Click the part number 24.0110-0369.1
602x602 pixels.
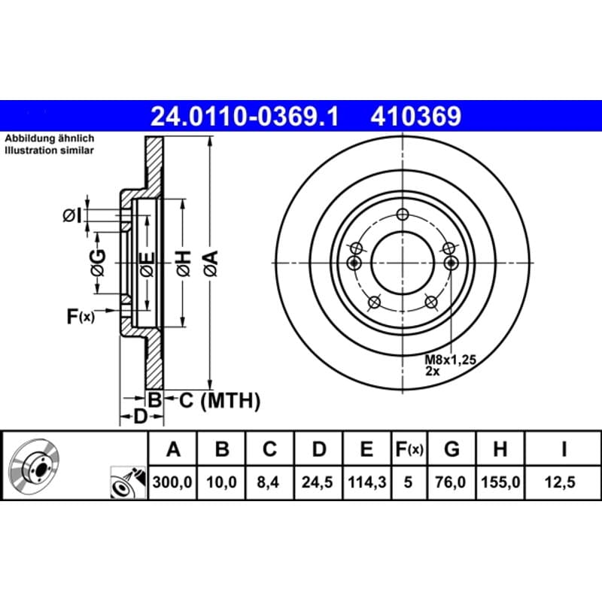click(245, 117)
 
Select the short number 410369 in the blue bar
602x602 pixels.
click(416, 117)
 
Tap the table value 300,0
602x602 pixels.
click(172, 482)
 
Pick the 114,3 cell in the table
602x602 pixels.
click(366, 482)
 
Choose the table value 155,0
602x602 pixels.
click(500, 482)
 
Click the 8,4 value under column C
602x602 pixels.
click(268, 482)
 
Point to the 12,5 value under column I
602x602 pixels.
click(560, 482)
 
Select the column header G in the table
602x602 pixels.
click(451, 448)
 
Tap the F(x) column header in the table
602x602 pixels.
click(409, 448)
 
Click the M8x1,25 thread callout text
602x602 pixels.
click(450, 360)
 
